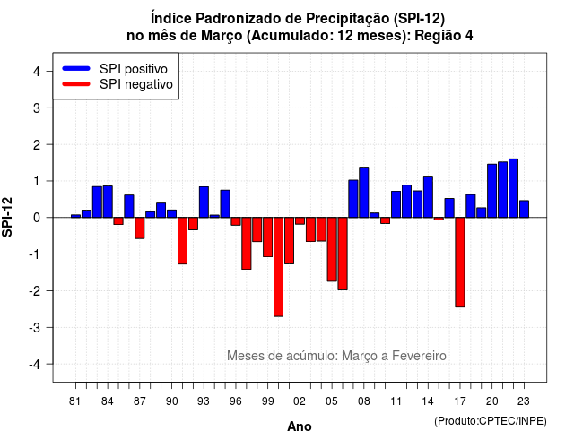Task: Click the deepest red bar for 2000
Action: [x=278, y=267]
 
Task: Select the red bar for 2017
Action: [x=460, y=263]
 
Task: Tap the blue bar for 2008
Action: [x=364, y=193]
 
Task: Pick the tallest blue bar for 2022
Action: [x=513, y=188]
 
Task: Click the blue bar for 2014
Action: [x=428, y=197]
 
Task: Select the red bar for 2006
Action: [x=343, y=254]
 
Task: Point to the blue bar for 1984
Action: [x=108, y=202]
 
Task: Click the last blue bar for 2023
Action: [x=524, y=209]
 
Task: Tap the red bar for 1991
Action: [x=182, y=241]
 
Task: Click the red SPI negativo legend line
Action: [x=76, y=84]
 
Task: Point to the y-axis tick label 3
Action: [x=37, y=108]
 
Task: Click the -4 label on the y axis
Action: [x=35, y=365]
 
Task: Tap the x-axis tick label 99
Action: [x=267, y=401]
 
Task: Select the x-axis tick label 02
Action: [x=300, y=401]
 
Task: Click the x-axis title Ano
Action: [x=300, y=426]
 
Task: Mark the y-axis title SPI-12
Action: [x=7, y=217]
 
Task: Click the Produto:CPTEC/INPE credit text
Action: [x=491, y=421]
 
